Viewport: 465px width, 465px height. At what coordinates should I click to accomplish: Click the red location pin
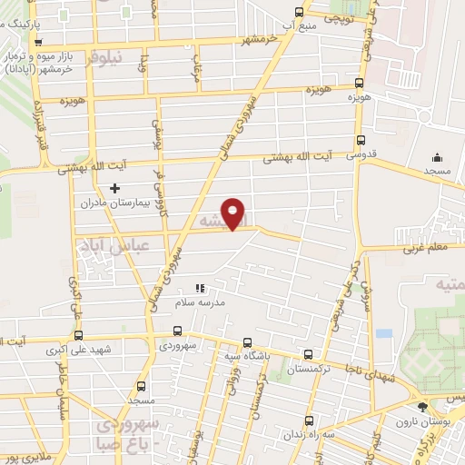[234, 213]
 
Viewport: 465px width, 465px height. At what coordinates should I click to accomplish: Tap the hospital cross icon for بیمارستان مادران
[114, 188]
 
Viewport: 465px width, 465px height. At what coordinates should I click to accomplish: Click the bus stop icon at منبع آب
[301, 12]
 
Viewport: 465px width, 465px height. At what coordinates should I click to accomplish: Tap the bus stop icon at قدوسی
[361, 141]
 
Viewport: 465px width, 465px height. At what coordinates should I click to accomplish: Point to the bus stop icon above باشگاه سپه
[248, 343]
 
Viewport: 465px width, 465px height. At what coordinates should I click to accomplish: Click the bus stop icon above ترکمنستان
[309, 355]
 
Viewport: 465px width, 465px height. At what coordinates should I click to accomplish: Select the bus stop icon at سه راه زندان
[309, 420]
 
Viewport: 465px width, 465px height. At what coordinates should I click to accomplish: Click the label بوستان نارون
[416, 422]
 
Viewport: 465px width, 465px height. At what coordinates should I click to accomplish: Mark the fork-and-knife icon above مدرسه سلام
[201, 288]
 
